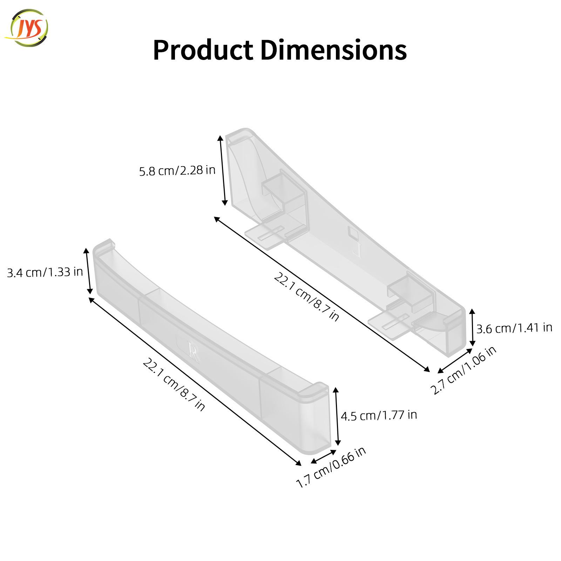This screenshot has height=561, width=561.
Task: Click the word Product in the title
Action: [x=203, y=50]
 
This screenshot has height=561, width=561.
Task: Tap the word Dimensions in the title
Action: [x=333, y=50]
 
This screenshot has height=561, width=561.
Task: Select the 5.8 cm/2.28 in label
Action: [x=177, y=171]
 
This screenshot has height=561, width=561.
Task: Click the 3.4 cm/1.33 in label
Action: [x=45, y=272]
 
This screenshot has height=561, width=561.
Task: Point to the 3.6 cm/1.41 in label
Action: [x=514, y=328]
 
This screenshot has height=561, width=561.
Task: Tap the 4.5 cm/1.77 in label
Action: [x=379, y=415]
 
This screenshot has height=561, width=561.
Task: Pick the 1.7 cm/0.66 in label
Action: [x=331, y=467]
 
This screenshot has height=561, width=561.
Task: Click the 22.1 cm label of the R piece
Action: [x=174, y=384]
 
